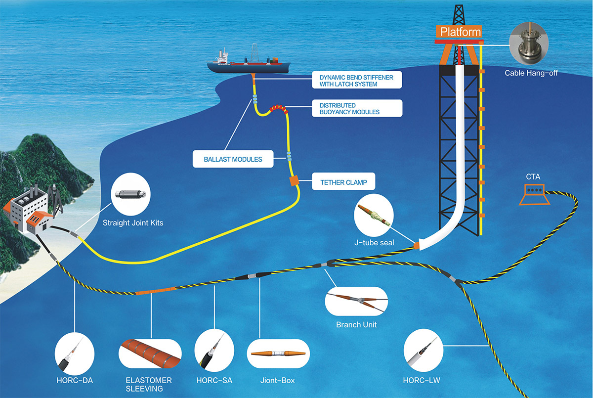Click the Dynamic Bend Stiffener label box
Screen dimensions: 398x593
point(355,81)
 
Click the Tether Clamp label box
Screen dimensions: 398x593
point(343,182)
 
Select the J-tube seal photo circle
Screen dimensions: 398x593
point(374,217)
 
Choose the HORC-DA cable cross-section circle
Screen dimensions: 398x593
point(74,354)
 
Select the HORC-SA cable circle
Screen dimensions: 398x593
point(214,354)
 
